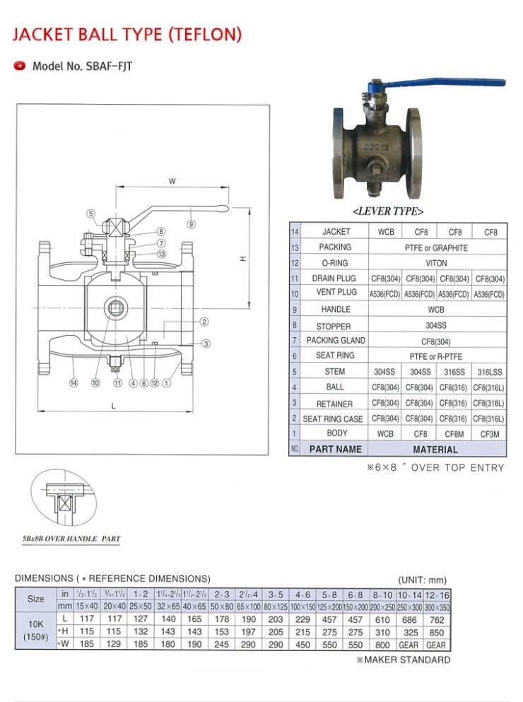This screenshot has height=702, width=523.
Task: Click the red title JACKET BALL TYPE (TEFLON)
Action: click(x=128, y=34)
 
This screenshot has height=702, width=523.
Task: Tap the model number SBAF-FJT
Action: click(x=82, y=66)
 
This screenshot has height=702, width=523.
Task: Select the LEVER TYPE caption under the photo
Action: click(x=388, y=211)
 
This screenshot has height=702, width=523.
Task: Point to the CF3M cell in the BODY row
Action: click(x=490, y=433)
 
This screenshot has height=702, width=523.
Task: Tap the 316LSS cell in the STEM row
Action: click(x=490, y=372)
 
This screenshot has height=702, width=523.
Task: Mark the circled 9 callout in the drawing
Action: click(x=192, y=224)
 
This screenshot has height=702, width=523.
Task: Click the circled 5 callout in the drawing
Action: click(x=90, y=213)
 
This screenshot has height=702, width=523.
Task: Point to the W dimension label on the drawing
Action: click(x=172, y=181)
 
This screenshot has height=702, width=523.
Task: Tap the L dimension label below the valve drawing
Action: click(x=113, y=406)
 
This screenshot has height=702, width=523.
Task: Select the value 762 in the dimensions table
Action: click(x=436, y=619)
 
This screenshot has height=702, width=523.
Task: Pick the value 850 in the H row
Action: click(x=436, y=631)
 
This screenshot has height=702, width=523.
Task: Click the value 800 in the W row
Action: click(x=382, y=644)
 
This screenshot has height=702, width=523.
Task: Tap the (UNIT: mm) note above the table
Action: click(x=423, y=579)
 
